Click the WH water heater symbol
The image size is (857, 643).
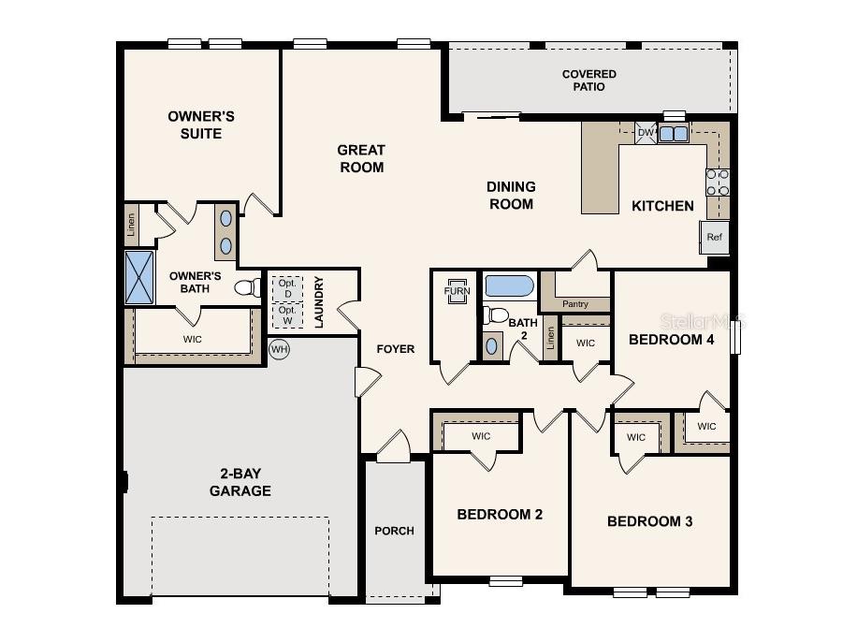(x=279, y=349)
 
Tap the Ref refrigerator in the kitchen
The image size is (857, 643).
(x=714, y=238)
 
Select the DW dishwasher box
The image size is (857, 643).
(x=646, y=133)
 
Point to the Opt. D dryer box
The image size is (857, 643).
(x=287, y=288)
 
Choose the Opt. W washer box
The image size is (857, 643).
(x=287, y=315)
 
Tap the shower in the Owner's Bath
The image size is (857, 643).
(x=139, y=277)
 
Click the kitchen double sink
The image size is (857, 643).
(x=673, y=134)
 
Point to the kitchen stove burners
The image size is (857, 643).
(x=718, y=182)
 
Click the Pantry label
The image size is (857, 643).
(x=575, y=304)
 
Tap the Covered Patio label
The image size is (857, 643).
(x=589, y=80)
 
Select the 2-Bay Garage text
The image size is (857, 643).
(x=240, y=483)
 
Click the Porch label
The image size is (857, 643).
(x=394, y=531)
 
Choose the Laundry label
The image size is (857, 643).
(x=319, y=301)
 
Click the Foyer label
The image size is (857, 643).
(x=395, y=349)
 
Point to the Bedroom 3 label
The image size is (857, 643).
(x=649, y=521)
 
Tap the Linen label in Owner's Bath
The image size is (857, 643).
(x=131, y=225)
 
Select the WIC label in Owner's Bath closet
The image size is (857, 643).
(x=192, y=339)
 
